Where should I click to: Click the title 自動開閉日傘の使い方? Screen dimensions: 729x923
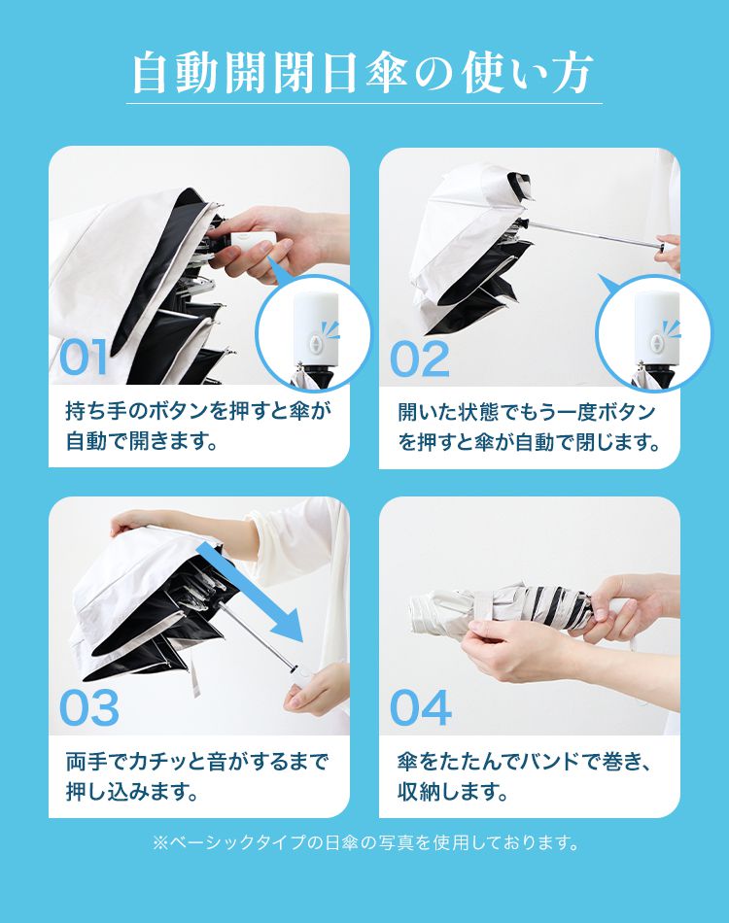363,73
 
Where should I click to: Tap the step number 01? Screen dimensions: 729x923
84,357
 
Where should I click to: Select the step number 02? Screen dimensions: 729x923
420,359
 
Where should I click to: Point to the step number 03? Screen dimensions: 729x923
89,707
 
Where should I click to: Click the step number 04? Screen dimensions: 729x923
421,707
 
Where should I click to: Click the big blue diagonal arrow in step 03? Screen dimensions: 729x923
250,593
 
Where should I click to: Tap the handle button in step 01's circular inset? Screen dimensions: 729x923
317,344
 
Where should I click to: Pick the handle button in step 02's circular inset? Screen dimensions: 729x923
657,344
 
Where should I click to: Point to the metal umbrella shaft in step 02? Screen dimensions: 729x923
595,234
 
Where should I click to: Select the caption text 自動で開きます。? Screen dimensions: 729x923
142,441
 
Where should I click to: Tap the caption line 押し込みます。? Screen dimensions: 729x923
132,792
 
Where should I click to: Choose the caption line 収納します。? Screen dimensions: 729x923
453,792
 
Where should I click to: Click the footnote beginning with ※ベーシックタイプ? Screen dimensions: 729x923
365,842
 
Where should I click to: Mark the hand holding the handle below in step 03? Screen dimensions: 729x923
317,689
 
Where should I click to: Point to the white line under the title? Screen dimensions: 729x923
364,104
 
